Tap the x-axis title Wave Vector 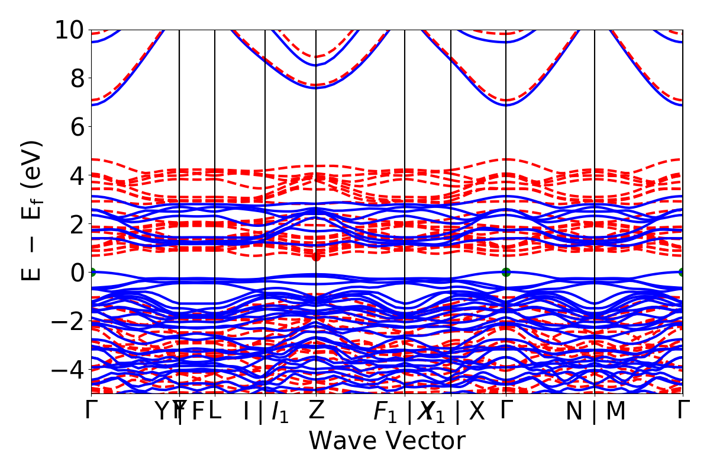(x=387, y=441)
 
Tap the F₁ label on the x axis (x=386, y=411)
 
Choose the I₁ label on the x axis (x=280, y=411)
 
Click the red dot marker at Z (x=316, y=256)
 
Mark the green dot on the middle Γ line (x=506, y=272)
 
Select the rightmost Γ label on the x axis (x=683, y=410)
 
